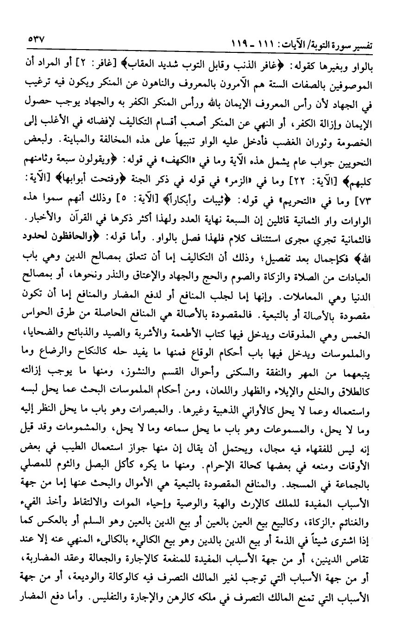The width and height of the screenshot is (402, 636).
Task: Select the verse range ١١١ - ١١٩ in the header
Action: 251,45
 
